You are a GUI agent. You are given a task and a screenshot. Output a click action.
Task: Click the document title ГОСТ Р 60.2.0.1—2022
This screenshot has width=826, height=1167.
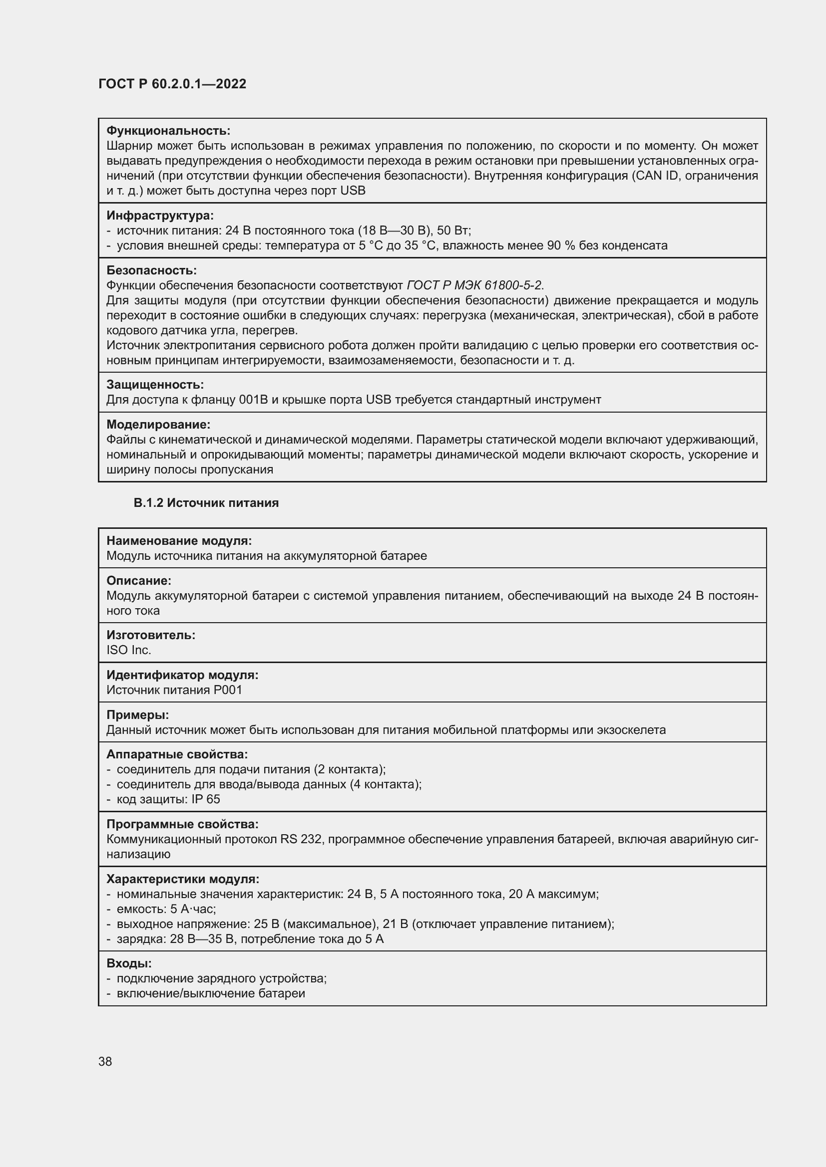click(172, 84)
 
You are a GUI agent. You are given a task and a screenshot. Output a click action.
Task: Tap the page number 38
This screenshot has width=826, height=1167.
click(105, 1061)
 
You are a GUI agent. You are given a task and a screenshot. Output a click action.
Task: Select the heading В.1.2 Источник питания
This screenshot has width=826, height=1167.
click(206, 503)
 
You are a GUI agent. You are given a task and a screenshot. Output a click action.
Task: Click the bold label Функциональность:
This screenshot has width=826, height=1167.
click(168, 131)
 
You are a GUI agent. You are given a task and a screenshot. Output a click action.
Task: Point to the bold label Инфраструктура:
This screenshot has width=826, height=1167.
click(160, 216)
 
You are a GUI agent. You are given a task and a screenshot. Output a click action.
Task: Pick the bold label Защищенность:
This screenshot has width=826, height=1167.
click(155, 384)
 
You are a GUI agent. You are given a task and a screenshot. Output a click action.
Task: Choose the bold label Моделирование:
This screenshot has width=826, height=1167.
click(158, 424)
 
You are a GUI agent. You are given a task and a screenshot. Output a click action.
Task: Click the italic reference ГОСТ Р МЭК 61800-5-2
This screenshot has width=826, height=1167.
click(474, 285)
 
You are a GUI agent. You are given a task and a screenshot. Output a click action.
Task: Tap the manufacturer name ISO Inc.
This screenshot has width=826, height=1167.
click(129, 650)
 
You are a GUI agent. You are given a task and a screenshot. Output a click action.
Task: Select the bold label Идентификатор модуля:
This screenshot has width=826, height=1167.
click(182, 675)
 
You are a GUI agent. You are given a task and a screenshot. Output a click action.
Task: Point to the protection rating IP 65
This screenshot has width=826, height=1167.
click(206, 799)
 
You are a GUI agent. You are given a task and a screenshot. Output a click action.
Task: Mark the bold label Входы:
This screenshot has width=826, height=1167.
click(129, 963)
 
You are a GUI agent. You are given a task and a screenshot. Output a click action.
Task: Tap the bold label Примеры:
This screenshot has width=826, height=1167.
click(137, 714)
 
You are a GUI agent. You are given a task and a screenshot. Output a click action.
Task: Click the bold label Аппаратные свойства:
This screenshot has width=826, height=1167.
click(177, 754)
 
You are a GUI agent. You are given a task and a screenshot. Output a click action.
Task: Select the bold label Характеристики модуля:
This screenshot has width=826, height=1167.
click(183, 879)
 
